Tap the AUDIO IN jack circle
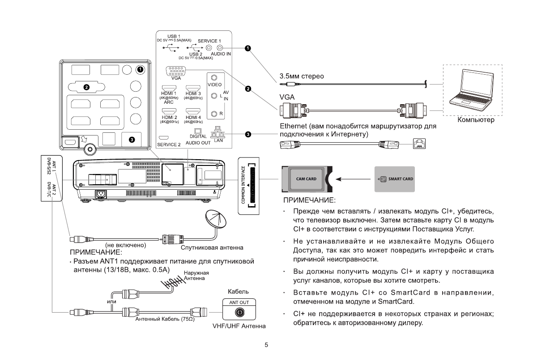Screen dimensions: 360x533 219,47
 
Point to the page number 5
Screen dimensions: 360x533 267,345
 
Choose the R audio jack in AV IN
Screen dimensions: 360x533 214,114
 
